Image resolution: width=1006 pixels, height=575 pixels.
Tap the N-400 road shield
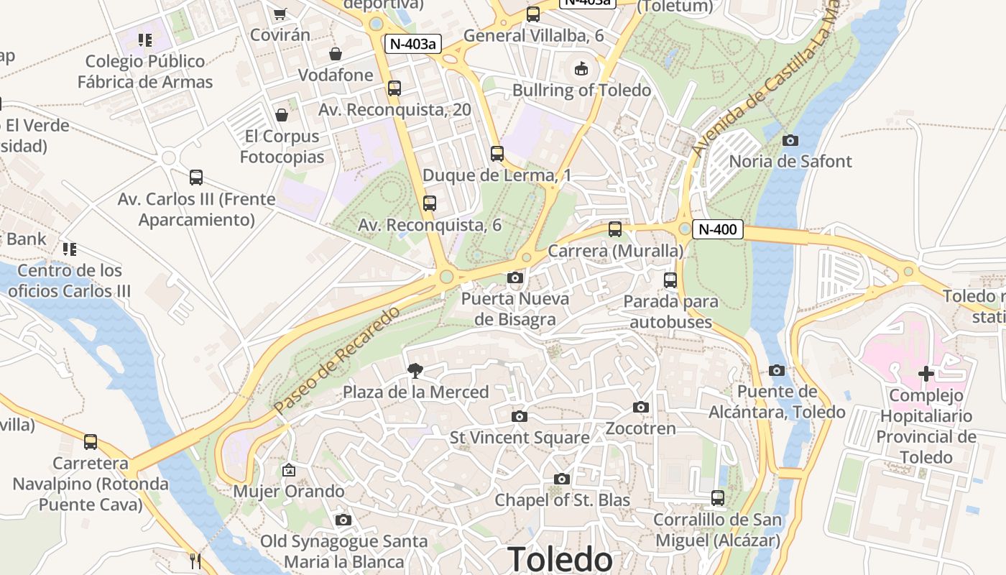click(717, 230)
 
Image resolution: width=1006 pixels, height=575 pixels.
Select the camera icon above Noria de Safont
click(790, 140)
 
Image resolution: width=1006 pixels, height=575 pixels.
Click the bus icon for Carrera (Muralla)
click(615, 229)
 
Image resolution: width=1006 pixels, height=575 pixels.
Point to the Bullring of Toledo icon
click(581, 69)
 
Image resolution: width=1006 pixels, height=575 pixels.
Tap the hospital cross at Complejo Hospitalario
click(926, 373)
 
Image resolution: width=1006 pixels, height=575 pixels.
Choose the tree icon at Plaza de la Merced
click(415, 371)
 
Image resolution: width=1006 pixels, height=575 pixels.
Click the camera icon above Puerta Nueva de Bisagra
click(515, 277)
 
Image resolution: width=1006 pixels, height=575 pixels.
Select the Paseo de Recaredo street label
click(336, 360)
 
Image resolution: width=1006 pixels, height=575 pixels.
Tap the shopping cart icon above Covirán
click(280, 14)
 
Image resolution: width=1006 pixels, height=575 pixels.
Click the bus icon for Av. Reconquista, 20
click(394, 88)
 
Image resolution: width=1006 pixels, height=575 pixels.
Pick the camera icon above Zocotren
click(641, 408)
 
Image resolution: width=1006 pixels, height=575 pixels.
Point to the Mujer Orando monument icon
click(289, 471)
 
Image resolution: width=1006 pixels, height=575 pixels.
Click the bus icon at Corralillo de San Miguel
click(717, 497)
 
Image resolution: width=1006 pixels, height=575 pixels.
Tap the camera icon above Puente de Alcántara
click(777, 371)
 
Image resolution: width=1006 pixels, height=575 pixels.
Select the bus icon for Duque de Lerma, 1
click(497, 153)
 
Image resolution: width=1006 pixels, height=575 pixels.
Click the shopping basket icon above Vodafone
click(336, 54)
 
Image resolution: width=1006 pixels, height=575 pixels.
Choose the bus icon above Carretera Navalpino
click(91, 442)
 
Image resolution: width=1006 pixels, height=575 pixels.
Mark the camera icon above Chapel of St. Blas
click(562, 479)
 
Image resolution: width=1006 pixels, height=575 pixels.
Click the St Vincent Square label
click(520, 437)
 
